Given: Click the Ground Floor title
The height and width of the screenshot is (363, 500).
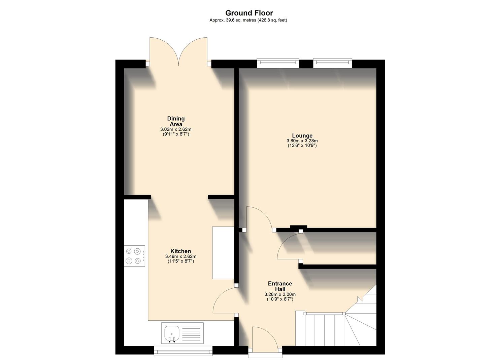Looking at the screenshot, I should point(249,13).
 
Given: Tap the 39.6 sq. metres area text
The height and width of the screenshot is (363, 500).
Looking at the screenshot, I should point(248,20).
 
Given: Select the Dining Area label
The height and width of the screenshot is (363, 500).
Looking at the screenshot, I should point(176,121).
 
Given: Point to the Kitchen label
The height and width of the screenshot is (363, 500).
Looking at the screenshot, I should point(180,251).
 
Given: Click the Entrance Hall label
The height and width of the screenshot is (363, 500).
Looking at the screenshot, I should point(280,286).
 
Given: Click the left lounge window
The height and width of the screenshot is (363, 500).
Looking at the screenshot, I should point(278,63).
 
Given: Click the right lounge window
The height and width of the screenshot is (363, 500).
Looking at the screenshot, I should point(332,63).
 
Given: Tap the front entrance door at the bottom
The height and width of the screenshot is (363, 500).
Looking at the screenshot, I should point(265,339).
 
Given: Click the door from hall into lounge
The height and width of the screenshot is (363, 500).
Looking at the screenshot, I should point(259,218).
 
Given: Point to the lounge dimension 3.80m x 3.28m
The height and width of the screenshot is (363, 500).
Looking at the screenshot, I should point(302,141).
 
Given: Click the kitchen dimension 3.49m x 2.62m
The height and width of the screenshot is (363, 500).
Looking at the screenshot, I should point(180,256).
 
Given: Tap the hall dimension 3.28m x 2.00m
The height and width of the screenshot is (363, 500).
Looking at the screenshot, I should point(280,294).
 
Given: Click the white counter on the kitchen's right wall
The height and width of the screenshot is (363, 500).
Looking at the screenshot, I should point(223,253).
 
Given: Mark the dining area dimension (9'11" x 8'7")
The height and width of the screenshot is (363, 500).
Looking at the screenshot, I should point(176,134).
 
